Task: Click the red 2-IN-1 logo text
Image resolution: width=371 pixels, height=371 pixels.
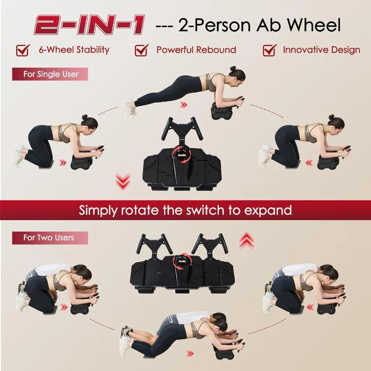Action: [x=89, y=25]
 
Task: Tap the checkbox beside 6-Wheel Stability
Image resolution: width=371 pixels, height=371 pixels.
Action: [x=23, y=50]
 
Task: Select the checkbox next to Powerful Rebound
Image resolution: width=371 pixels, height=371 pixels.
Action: [x=141, y=50]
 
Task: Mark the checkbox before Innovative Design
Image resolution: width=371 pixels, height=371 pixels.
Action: [x=270, y=50]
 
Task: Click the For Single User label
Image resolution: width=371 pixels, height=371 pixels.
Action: [x=50, y=74]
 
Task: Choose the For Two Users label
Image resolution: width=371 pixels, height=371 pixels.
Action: [x=50, y=238]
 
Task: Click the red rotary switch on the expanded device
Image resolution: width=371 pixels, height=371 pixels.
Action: [x=182, y=261]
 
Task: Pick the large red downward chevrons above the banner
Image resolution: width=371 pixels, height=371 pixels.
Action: [x=123, y=181]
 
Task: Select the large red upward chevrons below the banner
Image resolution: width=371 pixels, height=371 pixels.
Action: [x=247, y=240]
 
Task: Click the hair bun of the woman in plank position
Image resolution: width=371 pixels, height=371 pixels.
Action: [x=233, y=68]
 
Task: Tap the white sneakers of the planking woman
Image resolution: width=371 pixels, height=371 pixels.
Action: [x=129, y=108]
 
